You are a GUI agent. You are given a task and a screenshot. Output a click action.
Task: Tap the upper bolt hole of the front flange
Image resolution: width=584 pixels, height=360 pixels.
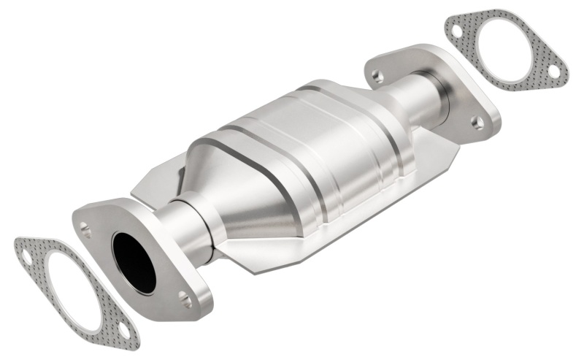click(87, 233)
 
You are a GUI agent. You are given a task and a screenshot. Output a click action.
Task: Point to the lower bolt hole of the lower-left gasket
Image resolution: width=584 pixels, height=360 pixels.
click(123, 332)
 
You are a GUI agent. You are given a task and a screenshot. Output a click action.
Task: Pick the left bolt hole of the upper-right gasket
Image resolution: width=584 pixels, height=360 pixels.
click(456, 31)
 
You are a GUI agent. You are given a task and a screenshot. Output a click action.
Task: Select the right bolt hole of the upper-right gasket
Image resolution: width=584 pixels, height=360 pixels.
click(553, 71)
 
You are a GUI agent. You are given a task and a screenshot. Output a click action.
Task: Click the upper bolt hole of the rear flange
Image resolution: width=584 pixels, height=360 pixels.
click(377, 74)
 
